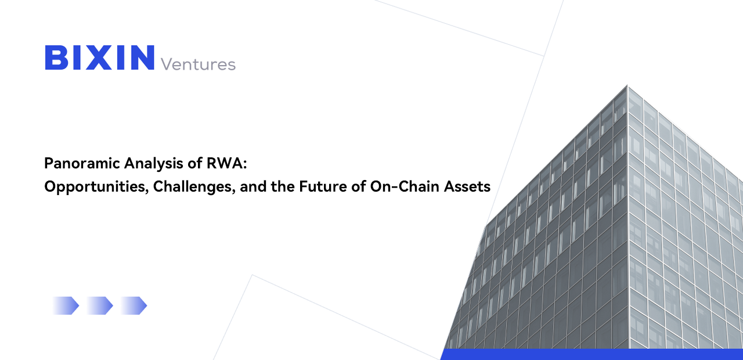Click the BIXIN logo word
[x=100, y=58]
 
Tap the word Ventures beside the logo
[x=198, y=64]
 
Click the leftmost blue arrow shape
[x=66, y=305]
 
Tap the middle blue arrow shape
[x=100, y=305]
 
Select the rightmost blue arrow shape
[x=134, y=305]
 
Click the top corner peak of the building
[x=627, y=87]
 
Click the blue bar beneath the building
[x=592, y=354]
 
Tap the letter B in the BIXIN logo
[x=55, y=58]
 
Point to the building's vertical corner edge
[x=628, y=221]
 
